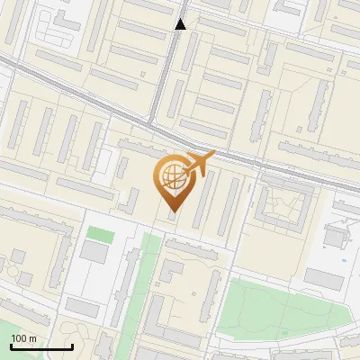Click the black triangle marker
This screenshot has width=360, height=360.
pyautogui.click(x=181, y=24)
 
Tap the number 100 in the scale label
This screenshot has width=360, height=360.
pyautogui.click(x=19, y=338)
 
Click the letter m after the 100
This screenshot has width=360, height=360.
pyautogui.click(x=32, y=339)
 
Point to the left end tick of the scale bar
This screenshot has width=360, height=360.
pyautogui.click(x=10, y=346)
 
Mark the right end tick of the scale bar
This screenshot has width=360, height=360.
pyautogui.click(x=72, y=346)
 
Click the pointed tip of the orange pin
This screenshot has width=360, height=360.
pyautogui.click(x=172, y=211)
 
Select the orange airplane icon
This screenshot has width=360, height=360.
pyautogui.click(x=197, y=165)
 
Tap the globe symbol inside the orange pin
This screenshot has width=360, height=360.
pyautogui.click(x=171, y=177)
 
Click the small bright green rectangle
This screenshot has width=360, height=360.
pyautogui.click(x=100, y=234)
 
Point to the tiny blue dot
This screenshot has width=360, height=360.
pyautogui.click(x=344, y=259)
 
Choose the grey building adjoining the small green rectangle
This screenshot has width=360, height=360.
pyautogui.click(x=93, y=252)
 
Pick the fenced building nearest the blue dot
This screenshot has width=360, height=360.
pyautogui.click(x=335, y=236)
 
